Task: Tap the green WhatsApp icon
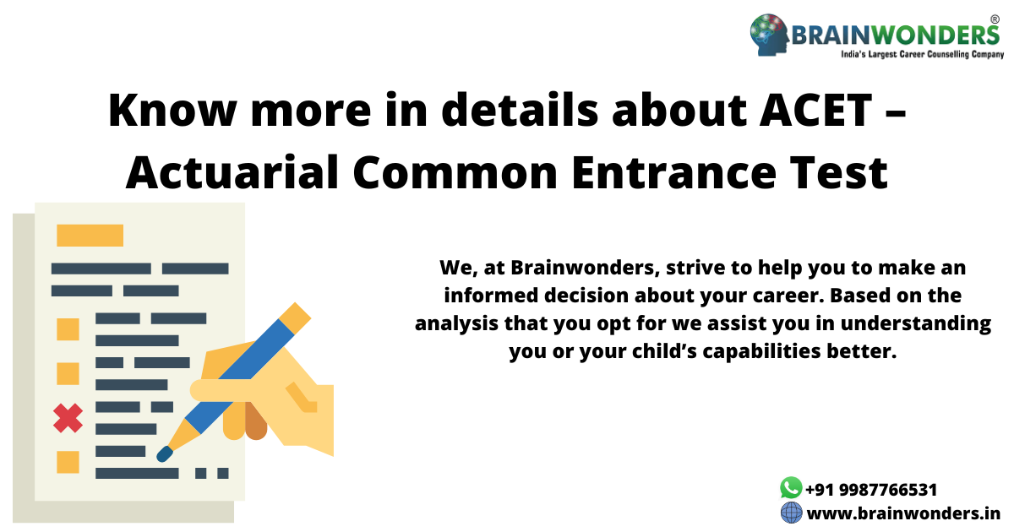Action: pyautogui.click(x=790, y=487)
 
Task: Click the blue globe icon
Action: pyautogui.click(x=790, y=513)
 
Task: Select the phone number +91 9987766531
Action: pyautogui.click(x=870, y=490)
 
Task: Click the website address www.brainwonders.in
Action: pyautogui.click(x=903, y=513)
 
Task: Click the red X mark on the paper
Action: pyautogui.click(x=68, y=417)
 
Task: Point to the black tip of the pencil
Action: pyautogui.click(x=165, y=454)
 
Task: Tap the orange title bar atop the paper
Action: pyautogui.click(x=90, y=235)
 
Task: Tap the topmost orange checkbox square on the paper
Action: pyautogui.click(x=68, y=329)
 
